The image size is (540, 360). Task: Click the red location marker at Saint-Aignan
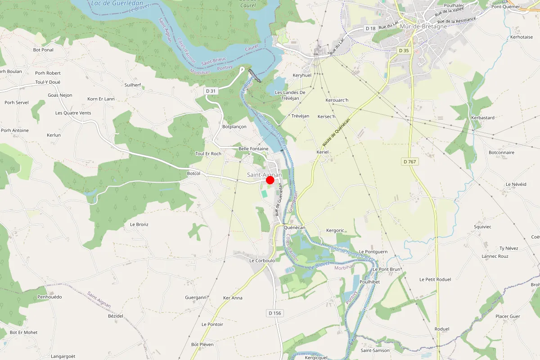[x=270, y=180]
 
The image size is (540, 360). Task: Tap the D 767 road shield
[x=409, y=162]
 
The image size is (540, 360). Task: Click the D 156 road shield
[x=274, y=313]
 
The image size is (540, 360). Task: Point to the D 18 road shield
[x=370, y=28]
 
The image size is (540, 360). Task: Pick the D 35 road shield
[x=404, y=50]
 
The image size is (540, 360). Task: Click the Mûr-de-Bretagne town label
[x=423, y=27]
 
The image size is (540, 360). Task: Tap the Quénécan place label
[x=295, y=228]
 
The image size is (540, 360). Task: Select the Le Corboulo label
[x=262, y=261]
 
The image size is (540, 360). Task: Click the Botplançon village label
[x=234, y=127]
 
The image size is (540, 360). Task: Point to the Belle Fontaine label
[x=253, y=149]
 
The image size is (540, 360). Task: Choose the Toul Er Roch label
[x=208, y=154]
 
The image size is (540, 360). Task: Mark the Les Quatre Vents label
[x=73, y=113]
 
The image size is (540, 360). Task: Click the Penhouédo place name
[x=49, y=297]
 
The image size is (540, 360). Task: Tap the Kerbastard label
[x=482, y=118]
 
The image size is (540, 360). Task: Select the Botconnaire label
[x=501, y=153]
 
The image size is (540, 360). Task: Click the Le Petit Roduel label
[x=435, y=279]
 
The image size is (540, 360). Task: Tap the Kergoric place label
[x=335, y=230]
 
